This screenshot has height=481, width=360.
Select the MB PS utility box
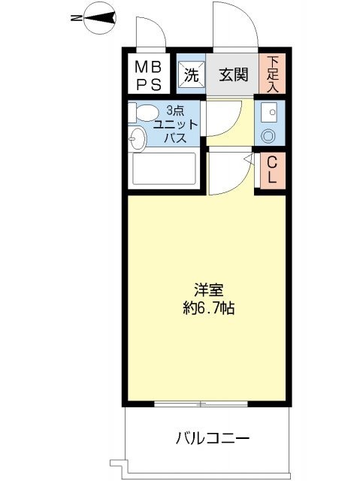pyautogui.click(x=147, y=74)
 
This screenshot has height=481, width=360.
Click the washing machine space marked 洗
pyautogui.click(x=191, y=74)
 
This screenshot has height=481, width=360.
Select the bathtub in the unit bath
pyautogui.click(x=163, y=169)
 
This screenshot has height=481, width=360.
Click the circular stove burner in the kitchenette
pyautogui.click(x=268, y=136)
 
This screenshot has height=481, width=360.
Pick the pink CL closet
pyautogui.click(x=272, y=172)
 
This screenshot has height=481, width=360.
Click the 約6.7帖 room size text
pyautogui.click(x=206, y=308)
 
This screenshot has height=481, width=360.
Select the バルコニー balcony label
pyautogui.click(x=213, y=437)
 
